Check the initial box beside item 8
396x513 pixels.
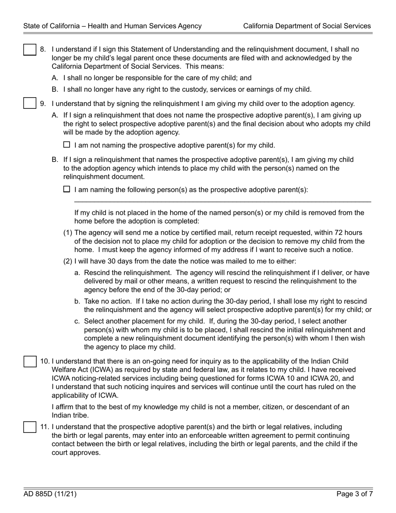30,50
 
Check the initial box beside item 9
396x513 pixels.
30,103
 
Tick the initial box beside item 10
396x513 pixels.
30,361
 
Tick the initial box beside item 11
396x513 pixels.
30,427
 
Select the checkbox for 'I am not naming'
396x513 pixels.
67,145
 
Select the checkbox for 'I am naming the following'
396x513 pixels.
67,189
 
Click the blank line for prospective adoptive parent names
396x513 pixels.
222,201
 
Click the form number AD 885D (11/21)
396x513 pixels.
50,494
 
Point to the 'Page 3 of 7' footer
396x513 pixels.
354,494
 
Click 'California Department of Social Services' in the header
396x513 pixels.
307,26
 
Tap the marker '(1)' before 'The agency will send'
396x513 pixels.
68,233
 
